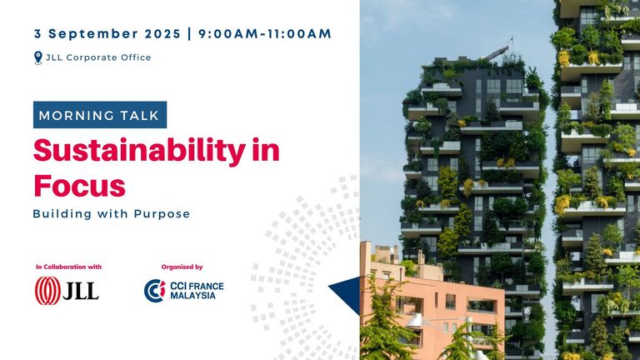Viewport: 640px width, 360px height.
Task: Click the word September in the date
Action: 94,34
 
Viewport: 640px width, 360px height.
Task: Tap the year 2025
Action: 162,34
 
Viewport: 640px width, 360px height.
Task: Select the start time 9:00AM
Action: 228,34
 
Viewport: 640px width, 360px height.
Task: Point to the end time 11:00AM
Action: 299,34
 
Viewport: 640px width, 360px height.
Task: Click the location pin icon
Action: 38,57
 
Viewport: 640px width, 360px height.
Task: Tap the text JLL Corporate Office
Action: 98,57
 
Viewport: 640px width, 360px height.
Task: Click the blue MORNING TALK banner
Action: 100,115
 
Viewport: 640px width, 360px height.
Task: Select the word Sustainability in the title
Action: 139,151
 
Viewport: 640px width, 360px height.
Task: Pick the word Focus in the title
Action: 79,185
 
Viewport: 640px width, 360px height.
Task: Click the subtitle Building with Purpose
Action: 112,214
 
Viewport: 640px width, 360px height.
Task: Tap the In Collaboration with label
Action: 68,267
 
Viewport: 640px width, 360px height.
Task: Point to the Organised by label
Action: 182,267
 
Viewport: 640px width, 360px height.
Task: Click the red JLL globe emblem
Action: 47,291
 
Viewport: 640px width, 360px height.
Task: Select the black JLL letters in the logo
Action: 81,292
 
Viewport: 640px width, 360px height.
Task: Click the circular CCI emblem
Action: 155,291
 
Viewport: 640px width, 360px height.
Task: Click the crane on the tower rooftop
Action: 499,50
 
